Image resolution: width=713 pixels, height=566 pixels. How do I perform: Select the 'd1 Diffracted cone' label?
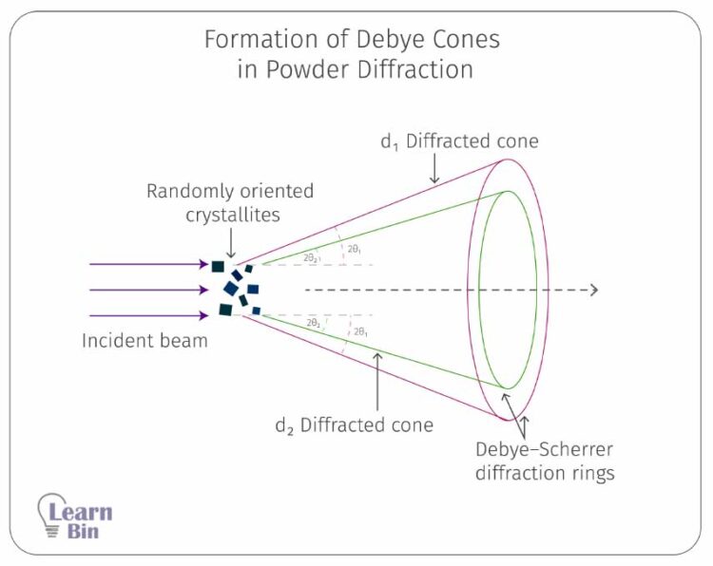click(459, 141)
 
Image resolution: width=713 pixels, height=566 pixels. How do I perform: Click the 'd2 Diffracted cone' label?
click(354, 425)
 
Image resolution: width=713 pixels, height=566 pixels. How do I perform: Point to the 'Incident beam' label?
click(145, 341)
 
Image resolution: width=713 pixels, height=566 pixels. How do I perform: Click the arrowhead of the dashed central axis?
click(593, 290)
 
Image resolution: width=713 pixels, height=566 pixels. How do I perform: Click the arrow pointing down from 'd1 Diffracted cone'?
click(434, 168)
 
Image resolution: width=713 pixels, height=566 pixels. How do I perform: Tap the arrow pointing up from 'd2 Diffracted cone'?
click(377, 380)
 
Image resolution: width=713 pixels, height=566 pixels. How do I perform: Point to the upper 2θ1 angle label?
click(353, 249)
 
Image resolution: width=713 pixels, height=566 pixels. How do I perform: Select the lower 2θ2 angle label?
click(314, 324)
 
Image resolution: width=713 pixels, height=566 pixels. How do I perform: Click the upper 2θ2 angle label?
click(312, 257)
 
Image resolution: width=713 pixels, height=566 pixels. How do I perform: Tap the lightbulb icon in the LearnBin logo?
click(50, 514)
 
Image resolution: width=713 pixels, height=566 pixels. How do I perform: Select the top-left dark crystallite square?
click(219, 267)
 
